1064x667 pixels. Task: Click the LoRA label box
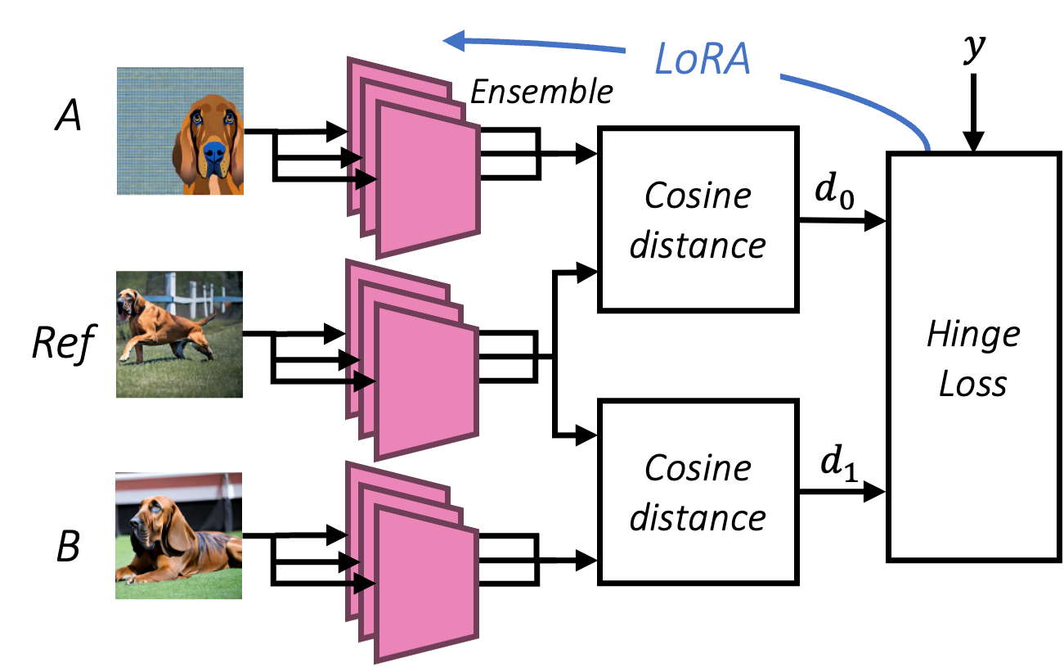click(703, 58)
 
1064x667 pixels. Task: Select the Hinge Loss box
click(972, 357)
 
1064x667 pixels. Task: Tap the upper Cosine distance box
click(698, 219)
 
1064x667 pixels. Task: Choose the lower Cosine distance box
click(698, 492)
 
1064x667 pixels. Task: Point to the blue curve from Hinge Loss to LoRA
click(867, 102)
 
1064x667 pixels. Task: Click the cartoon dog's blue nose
click(214, 153)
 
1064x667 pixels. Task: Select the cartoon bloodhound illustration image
click(180, 131)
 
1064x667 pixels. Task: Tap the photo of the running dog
click(179, 335)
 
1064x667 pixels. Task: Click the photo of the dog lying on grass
click(178, 536)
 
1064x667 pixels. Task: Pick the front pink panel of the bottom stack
click(426, 583)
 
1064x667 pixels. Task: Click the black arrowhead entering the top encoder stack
click(365, 179)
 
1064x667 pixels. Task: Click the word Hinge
click(973, 334)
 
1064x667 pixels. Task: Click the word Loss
click(972, 384)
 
